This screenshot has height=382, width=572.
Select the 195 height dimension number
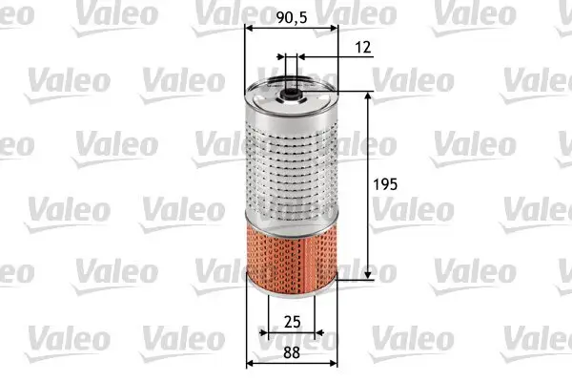pos(385,184)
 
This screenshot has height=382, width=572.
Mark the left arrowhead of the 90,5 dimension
pos(250,29)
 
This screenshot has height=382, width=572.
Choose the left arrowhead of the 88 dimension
pos(251,363)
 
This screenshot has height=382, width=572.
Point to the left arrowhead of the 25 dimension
pos(270,333)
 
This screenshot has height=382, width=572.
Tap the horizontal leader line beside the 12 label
pos(334,57)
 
